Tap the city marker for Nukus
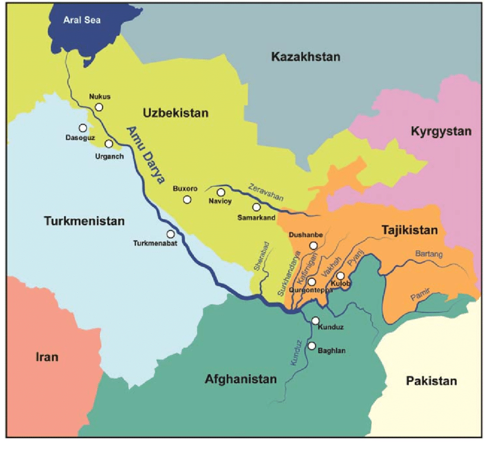point(99,107)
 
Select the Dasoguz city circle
point(83,128)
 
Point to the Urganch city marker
point(109,144)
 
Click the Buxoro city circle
point(187,199)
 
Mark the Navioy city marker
point(221,192)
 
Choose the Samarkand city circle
point(257,207)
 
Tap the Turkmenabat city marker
point(170,234)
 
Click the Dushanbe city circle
point(313,246)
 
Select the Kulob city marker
point(341,276)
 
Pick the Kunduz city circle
point(315,320)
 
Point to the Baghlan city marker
point(312,346)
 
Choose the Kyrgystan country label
point(441,131)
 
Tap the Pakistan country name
point(431,380)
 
